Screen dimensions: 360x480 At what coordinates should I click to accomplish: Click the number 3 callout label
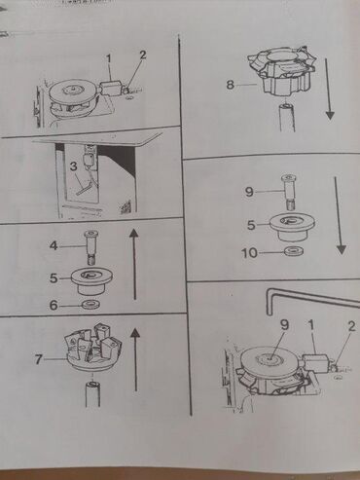tap(74, 166)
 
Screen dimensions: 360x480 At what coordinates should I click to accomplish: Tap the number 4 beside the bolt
tap(54, 245)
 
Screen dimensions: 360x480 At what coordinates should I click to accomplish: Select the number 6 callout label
tap(54, 305)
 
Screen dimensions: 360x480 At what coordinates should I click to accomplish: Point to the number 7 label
tap(39, 359)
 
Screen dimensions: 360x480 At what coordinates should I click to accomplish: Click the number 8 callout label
tap(230, 85)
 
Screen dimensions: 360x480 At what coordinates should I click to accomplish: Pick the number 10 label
tap(249, 253)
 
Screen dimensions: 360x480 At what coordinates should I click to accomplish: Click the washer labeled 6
tap(91, 305)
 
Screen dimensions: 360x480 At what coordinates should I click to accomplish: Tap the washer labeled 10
tap(294, 251)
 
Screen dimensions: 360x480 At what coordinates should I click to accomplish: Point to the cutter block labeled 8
tap(282, 71)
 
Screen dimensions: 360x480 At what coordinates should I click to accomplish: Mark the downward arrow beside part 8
tap(328, 89)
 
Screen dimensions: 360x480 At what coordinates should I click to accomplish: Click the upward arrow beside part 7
tap(135, 359)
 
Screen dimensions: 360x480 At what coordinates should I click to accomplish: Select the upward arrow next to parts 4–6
tap(134, 264)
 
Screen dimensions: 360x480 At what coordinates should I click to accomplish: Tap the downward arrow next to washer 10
tap(338, 215)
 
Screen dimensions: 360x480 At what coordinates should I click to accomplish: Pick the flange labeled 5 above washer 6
tap(91, 279)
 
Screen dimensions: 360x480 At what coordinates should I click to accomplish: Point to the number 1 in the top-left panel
tap(109, 58)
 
